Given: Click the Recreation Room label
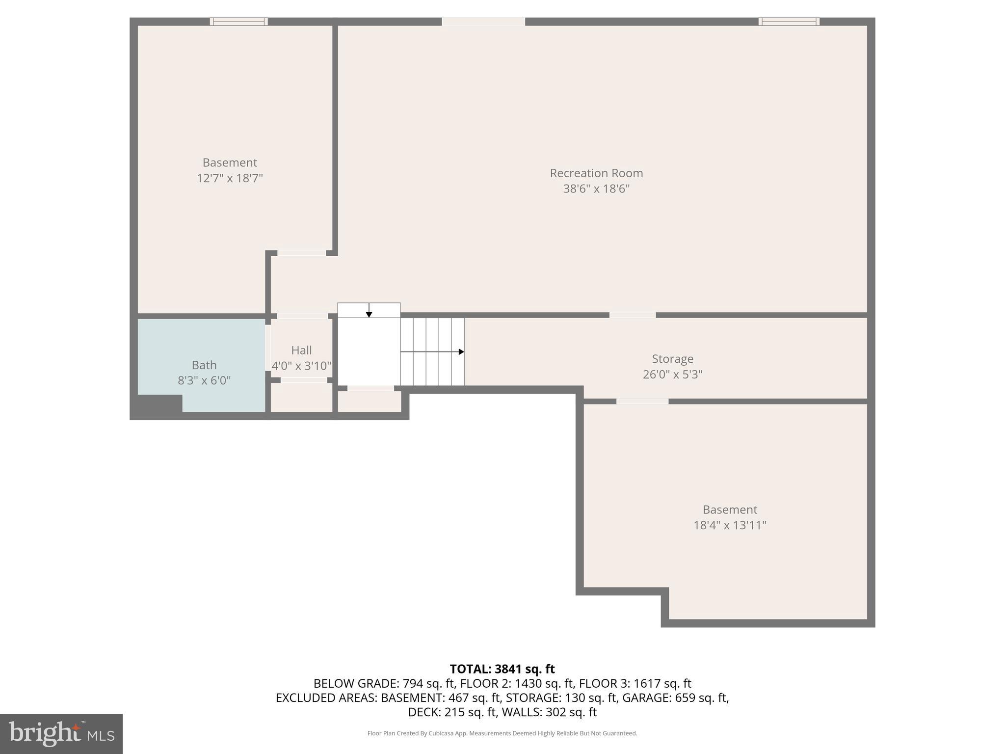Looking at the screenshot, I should [x=596, y=173].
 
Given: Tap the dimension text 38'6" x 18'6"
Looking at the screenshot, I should [x=596, y=189].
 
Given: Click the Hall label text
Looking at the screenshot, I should [x=301, y=350].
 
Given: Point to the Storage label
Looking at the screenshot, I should [x=672, y=359].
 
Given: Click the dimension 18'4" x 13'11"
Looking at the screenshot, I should [x=729, y=525].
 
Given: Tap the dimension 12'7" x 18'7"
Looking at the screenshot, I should [x=230, y=178].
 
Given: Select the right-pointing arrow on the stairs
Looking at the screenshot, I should [x=460, y=352].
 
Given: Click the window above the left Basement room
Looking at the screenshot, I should [x=238, y=22].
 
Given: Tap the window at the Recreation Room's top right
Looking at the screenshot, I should [x=789, y=22].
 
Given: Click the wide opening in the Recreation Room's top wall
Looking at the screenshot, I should [x=483, y=22].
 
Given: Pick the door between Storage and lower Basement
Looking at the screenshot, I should [x=642, y=402].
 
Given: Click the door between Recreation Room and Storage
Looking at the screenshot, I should [x=632, y=315].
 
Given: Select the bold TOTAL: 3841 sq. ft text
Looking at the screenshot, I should [x=502, y=669].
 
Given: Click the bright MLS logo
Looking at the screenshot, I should [x=61, y=733].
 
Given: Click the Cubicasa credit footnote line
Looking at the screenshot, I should [x=502, y=733].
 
